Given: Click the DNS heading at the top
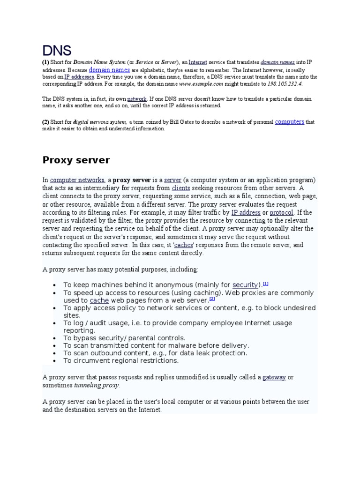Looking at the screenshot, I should point(57,50).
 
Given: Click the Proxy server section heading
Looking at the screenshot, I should point(76,160).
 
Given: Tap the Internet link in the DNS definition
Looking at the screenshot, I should point(197,62).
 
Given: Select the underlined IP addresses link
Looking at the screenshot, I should point(79,76).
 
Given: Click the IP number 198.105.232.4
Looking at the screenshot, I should point(285,84).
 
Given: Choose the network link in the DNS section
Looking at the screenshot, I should point(137,99).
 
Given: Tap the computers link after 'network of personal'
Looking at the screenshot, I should point(289,121).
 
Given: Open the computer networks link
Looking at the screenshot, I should point(77,180).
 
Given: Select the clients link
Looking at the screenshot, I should point(180,188).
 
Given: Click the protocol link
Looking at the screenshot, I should point(281,212).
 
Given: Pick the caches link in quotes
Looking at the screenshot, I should point(183,245).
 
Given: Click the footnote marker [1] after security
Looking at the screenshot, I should point(265,284).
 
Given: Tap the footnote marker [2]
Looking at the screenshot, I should point(212,299).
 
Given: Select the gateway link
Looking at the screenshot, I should point(274,377).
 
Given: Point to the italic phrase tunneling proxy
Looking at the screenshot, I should point(97,385).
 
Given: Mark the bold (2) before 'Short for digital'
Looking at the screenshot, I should point(45,122).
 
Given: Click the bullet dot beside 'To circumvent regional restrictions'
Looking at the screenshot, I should point(55,361).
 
